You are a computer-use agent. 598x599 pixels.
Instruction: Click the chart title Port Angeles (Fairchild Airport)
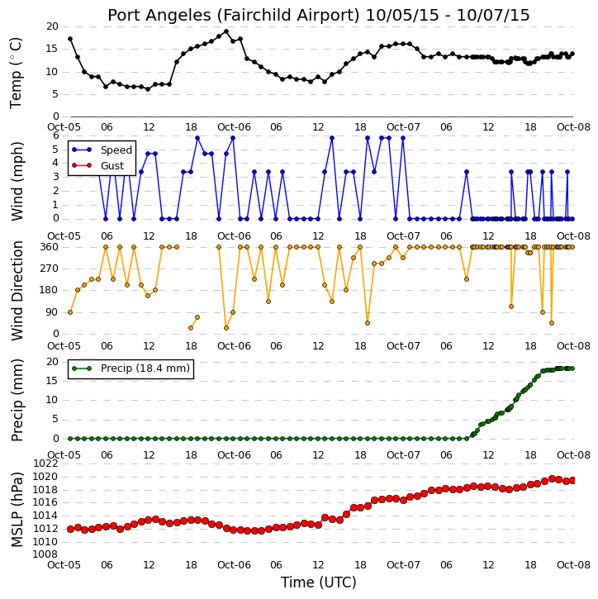pyautogui.click(x=233, y=16)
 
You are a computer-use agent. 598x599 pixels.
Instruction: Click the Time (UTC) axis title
pyautogui.click(x=319, y=582)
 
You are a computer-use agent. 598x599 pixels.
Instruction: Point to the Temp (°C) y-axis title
pyautogui.click(x=16, y=73)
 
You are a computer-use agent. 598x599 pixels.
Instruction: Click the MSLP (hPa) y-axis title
pyautogui.click(x=17, y=510)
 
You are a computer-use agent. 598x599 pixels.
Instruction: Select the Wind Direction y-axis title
pyautogui.click(x=17, y=291)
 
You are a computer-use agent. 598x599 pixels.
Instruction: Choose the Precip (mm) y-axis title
pyautogui.click(x=17, y=401)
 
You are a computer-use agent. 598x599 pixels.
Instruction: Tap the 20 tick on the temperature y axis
pyautogui.click(x=52, y=26)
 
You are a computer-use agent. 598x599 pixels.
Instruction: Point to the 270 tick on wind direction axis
pyautogui.click(x=50, y=269)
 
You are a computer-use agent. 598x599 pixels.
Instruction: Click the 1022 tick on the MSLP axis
pyautogui.click(x=45, y=464)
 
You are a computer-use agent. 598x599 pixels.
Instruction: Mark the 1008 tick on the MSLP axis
pyautogui.click(x=45, y=554)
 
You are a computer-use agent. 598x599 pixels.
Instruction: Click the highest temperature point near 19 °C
pyautogui.click(x=226, y=31)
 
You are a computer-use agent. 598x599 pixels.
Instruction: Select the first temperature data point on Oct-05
pyautogui.click(x=70, y=39)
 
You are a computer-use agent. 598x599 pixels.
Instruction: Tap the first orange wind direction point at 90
pyautogui.click(x=70, y=312)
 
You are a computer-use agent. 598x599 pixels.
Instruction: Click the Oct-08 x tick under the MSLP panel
pyautogui.click(x=573, y=564)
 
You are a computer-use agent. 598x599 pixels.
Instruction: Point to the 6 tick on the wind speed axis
pyautogui.click(x=56, y=135)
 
